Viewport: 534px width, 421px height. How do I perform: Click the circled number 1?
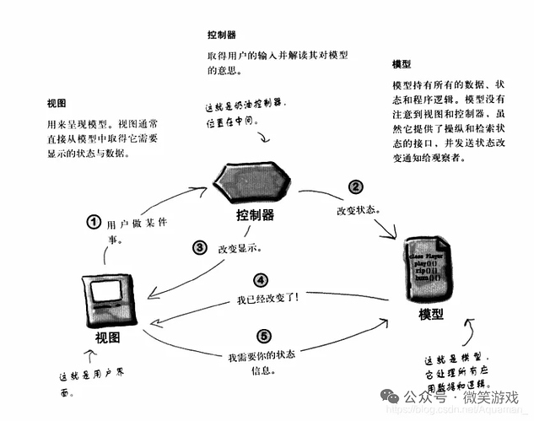point(94,223)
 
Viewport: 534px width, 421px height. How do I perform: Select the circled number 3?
point(200,248)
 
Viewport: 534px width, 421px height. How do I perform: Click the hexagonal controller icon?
point(251,180)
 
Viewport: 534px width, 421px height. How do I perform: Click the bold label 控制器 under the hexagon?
point(255,215)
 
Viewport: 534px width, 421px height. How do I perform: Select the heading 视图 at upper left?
point(58,103)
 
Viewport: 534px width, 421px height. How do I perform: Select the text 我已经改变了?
point(268,298)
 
